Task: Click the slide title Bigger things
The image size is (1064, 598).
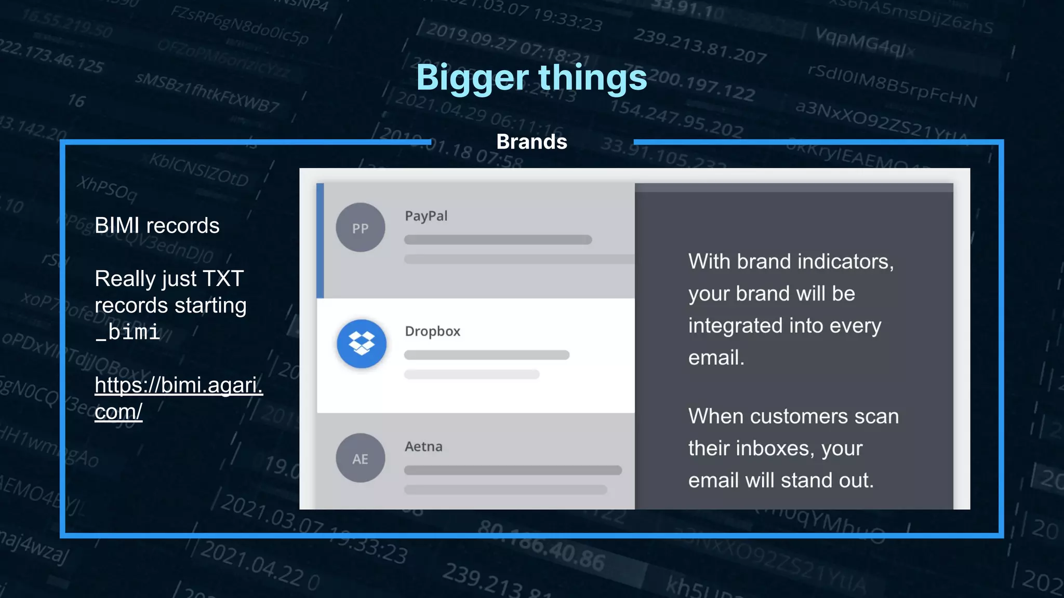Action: click(531, 78)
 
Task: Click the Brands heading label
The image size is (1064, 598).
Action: click(531, 142)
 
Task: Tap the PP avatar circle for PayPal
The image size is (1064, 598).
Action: click(360, 227)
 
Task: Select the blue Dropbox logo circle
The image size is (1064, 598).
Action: click(361, 343)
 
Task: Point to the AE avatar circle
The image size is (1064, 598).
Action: click(360, 458)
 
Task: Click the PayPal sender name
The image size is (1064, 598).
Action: click(426, 216)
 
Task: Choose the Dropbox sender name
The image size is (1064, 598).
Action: click(432, 331)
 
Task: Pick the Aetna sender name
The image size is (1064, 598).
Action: click(423, 446)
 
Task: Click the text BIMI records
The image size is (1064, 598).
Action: click(157, 226)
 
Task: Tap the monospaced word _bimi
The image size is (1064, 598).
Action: click(127, 332)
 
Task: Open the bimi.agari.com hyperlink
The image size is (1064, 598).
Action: click(178, 398)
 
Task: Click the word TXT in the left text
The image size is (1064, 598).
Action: click(223, 279)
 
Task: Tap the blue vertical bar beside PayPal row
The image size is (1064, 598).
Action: click(320, 240)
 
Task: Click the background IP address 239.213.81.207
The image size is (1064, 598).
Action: click(700, 46)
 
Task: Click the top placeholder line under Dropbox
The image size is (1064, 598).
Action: click(487, 355)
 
